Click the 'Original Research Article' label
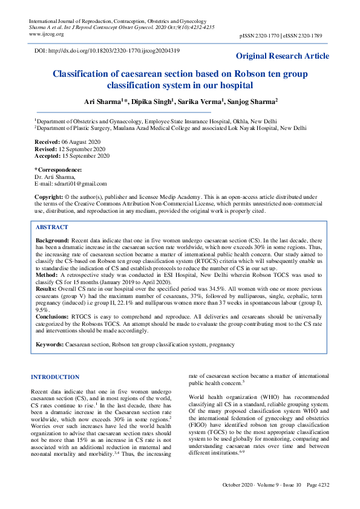point(283,56)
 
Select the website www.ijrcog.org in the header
point(47,34)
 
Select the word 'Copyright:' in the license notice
point(48,197)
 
